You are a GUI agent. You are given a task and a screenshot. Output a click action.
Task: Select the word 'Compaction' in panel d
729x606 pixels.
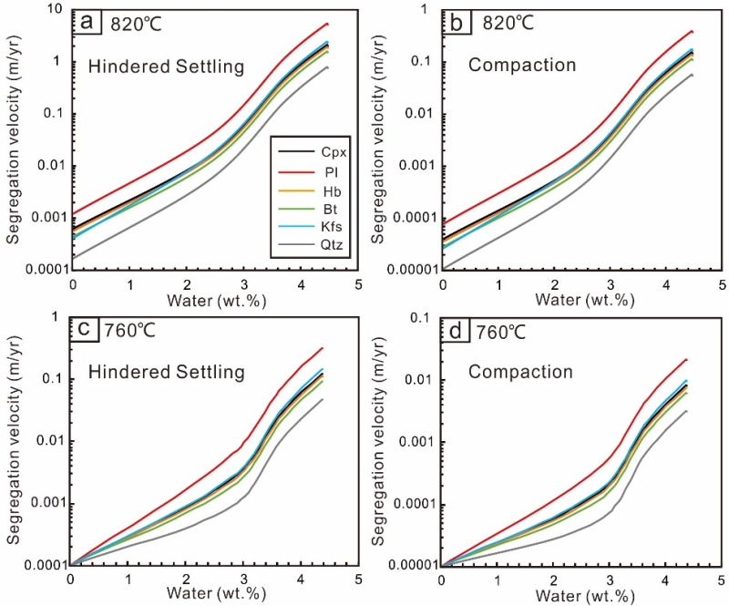coord(521,372)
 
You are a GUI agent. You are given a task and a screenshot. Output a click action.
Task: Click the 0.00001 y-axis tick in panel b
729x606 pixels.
coord(410,270)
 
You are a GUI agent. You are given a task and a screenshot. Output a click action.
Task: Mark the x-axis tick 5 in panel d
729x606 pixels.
coord(720,580)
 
